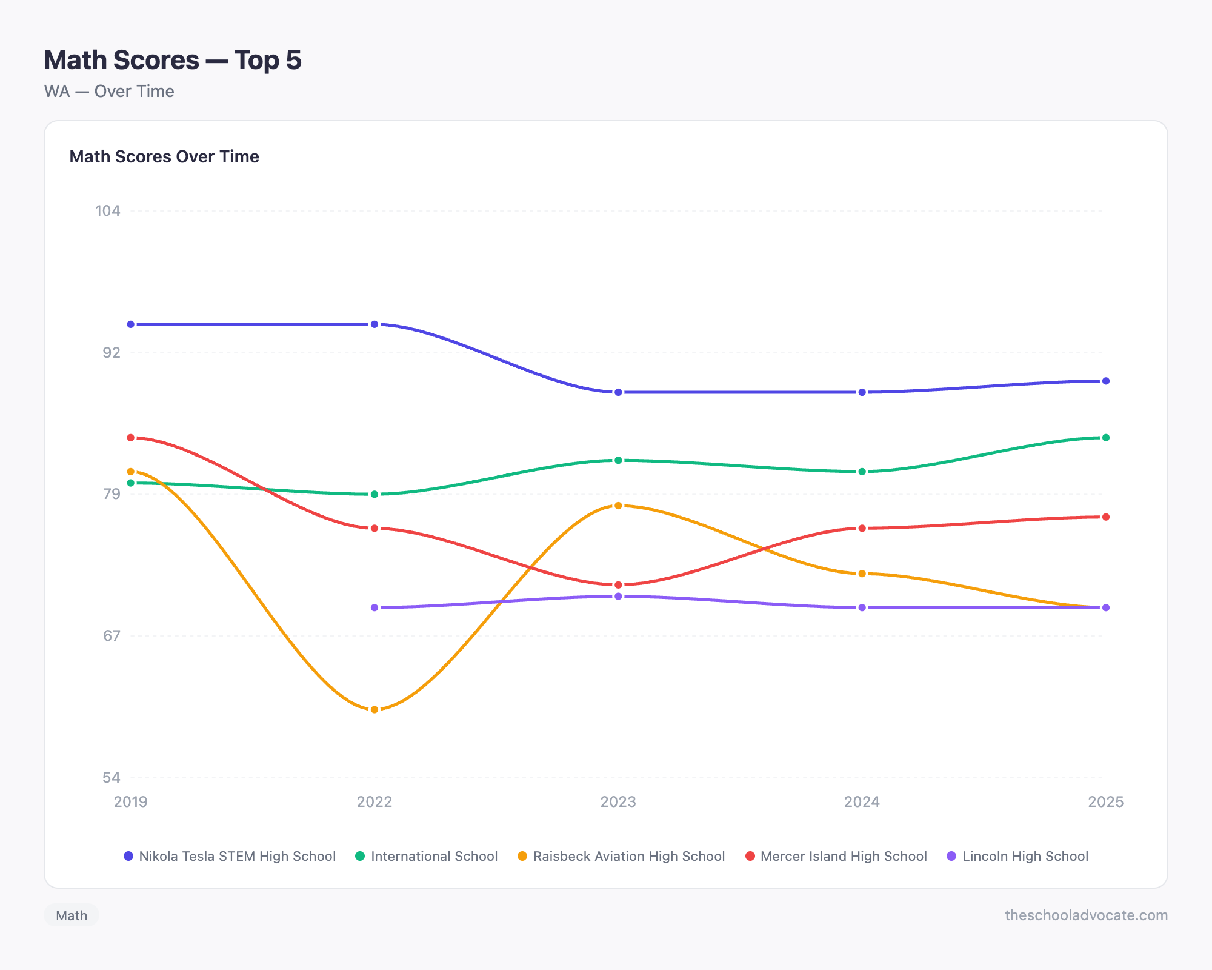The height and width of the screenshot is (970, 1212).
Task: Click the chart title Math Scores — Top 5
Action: pyautogui.click(x=173, y=60)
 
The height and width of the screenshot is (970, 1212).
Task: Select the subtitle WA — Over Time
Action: pyautogui.click(x=109, y=92)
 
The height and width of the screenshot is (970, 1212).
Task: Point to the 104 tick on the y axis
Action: pyautogui.click(x=108, y=211)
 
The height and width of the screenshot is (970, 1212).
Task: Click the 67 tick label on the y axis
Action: pyautogui.click(x=112, y=635)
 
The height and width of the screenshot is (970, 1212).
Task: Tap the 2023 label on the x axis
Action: pyautogui.click(x=618, y=802)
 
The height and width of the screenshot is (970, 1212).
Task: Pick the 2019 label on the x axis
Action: pyautogui.click(x=131, y=802)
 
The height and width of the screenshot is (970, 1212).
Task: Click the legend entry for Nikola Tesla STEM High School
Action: pyautogui.click(x=230, y=856)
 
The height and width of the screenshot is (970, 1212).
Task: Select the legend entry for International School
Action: pyautogui.click(x=427, y=856)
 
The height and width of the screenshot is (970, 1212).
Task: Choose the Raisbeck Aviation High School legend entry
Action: pyautogui.click(x=621, y=856)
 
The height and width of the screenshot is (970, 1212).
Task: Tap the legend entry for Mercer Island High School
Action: pyautogui.click(x=836, y=856)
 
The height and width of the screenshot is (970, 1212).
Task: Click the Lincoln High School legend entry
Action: pyautogui.click(x=1017, y=856)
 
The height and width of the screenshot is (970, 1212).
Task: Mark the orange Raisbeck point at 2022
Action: pyautogui.click(x=375, y=709)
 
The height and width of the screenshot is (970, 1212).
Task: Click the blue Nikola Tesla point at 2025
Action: pyautogui.click(x=1106, y=381)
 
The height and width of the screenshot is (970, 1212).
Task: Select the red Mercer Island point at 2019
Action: pyautogui.click(x=131, y=438)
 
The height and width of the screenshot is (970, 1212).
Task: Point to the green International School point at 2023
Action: pyautogui.click(x=618, y=460)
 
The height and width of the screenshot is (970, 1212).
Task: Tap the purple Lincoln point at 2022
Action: pyautogui.click(x=375, y=607)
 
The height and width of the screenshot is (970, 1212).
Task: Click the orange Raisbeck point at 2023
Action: pyautogui.click(x=618, y=506)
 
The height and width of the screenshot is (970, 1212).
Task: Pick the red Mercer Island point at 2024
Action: pyautogui.click(x=862, y=528)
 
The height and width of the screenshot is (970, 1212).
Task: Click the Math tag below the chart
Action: pyautogui.click(x=72, y=915)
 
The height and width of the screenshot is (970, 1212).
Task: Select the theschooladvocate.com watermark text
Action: pyautogui.click(x=1086, y=915)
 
